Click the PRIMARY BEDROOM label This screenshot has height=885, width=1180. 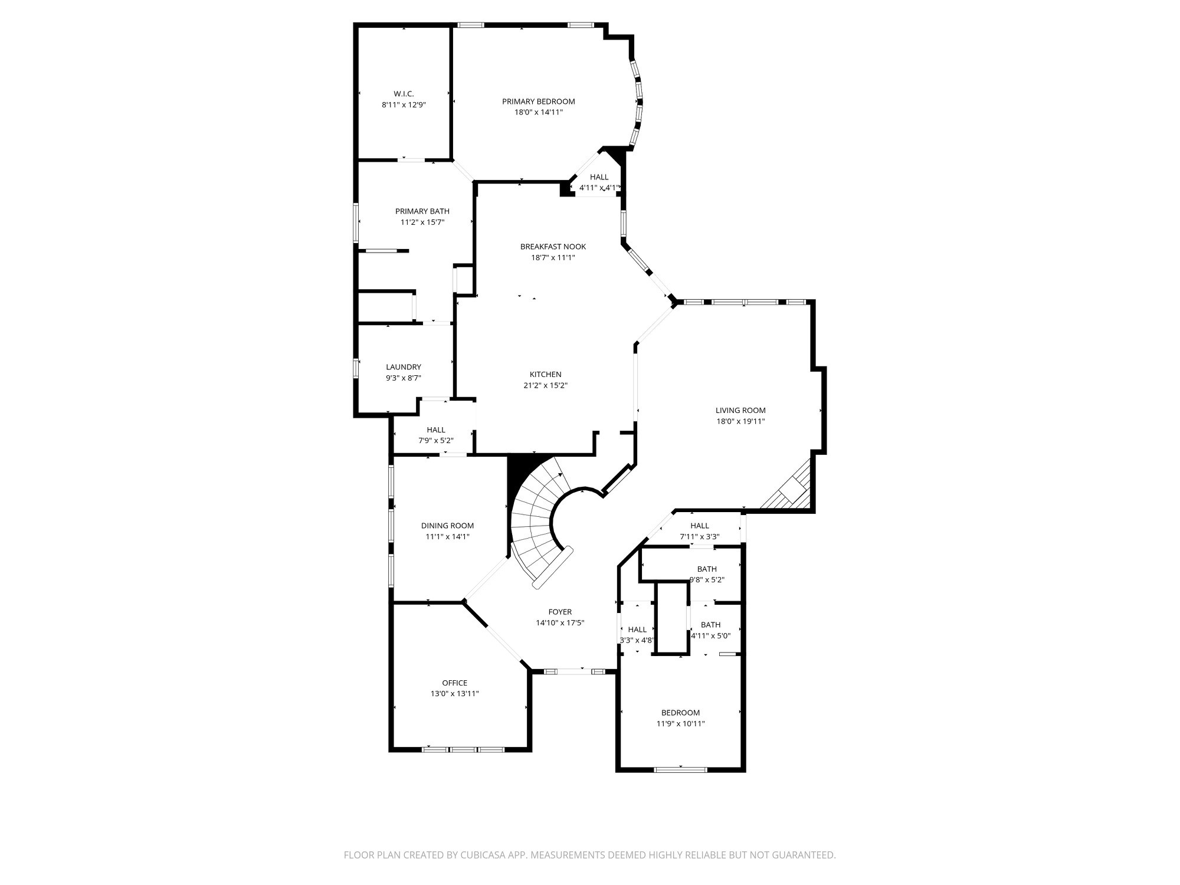538,101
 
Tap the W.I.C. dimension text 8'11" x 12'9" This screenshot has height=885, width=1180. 404,105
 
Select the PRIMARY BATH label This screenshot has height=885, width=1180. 422,211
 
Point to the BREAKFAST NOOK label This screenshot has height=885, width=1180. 553,247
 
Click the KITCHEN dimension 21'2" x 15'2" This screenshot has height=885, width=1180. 545,386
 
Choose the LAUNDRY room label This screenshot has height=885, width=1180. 403,367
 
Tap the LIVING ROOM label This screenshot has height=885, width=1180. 740,411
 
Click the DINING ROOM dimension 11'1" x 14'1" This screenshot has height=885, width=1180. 447,537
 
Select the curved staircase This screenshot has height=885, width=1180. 534,519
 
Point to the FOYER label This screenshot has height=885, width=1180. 559,612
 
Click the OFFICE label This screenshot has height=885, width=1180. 454,683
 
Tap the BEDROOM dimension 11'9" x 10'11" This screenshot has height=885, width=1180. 680,724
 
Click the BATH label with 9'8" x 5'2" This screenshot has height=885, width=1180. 706,569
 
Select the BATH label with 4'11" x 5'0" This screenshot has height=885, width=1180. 710,625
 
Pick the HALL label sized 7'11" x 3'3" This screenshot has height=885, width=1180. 699,526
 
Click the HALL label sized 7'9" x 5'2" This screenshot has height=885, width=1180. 435,430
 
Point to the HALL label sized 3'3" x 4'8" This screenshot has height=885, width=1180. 637,630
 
